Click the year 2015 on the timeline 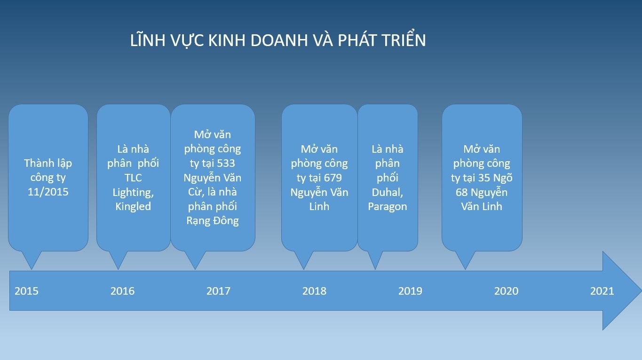pos(26,291)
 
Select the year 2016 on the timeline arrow pos(122,291)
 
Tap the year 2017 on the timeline pos(218,291)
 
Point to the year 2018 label pos(314,291)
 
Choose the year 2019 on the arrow pos(410,291)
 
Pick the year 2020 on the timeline pos(506,291)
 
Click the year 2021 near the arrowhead pos(602,291)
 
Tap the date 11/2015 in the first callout pos(48,192)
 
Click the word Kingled pos(133,206)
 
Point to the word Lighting pos(133,192)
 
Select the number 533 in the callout pos(226,163)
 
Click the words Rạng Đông pos(213,221)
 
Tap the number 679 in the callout pos(333,178)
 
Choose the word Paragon pos(387,206)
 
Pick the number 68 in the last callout pos(461,192)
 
